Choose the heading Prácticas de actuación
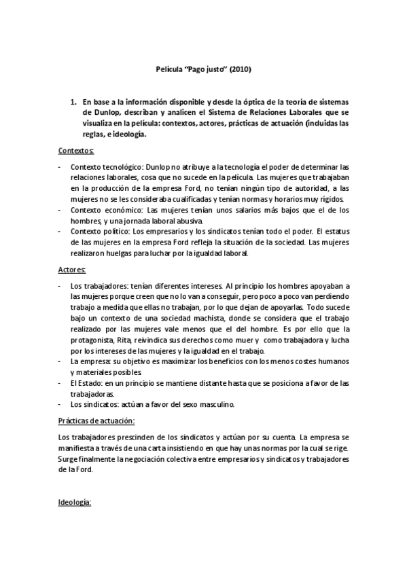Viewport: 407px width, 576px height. coord(97,420)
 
